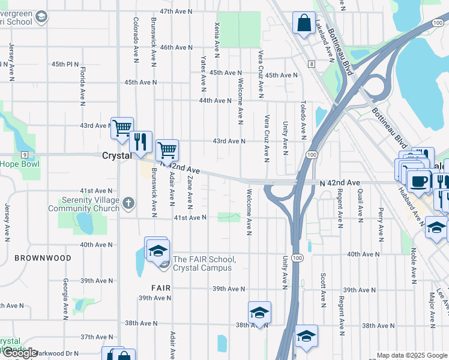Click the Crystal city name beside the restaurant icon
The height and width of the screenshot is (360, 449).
116,155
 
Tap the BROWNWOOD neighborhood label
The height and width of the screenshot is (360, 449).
43,258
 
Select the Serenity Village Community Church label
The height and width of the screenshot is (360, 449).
92,205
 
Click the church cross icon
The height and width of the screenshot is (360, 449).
128,203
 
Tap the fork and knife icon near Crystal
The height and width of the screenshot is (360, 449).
140,142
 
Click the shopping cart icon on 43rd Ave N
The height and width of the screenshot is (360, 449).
122,127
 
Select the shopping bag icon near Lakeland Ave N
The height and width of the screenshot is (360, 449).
304,23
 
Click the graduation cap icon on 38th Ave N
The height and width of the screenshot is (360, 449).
259,313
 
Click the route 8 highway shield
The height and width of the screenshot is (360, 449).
312,64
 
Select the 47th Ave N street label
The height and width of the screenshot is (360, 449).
175,11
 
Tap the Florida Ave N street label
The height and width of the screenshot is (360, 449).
82,85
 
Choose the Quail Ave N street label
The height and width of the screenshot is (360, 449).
360,203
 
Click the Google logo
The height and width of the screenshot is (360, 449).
20,353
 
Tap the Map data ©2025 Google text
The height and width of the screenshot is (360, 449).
411,355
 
